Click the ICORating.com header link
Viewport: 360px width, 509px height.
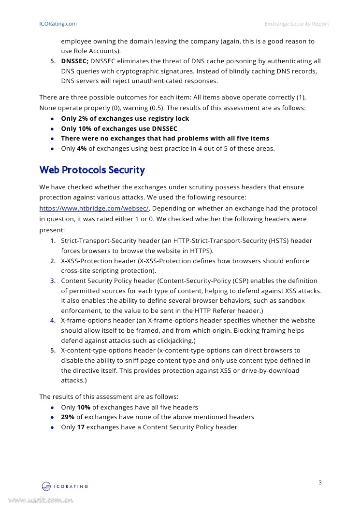(x=58, y=24)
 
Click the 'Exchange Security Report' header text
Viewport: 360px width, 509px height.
(x=297, y=24)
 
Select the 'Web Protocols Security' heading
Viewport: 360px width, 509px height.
(x=92, y=170)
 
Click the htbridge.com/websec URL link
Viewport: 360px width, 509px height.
(x=94, y=209)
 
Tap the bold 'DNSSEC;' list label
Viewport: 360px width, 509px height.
(x=74, y=61)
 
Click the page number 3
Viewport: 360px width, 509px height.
(x=320, y=482)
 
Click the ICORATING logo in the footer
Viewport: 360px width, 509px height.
(x=65, y=486)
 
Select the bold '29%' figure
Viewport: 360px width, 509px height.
(x=68, y=417)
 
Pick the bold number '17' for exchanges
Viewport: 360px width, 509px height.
(x=81, y=427)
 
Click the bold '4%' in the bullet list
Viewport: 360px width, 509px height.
(x=82, y=149)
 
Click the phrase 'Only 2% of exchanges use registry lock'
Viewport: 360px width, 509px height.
(x=125, y=119)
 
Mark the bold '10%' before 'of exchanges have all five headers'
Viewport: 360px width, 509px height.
(x=84, y=408)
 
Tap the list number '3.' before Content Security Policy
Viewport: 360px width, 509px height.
(x=53, y=281)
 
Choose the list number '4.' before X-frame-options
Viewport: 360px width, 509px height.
(x=53, y=321)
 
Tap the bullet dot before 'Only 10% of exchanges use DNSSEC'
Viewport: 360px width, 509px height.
(x=52, y=129)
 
